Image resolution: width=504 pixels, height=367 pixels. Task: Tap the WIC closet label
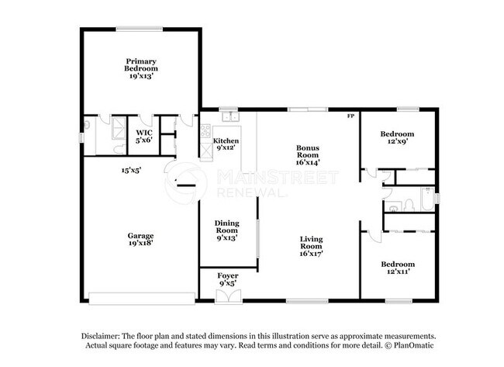(x=143, y=137)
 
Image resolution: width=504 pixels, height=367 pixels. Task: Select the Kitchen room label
(x=226, y=144)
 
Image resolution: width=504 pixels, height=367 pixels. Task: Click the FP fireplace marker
(x=350, y=116)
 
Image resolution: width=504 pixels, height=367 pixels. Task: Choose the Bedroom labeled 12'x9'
(x=398, y=138)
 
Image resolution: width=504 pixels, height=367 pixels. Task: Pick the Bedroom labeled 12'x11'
(x=398, y=268)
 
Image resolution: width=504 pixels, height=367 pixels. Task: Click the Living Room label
(x=311, y=246)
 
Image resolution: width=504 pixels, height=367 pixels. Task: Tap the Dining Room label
(x=226, y=230)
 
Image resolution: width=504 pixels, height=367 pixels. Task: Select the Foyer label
(x=227, y=279)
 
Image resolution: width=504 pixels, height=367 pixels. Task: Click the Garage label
(x=141, y=239)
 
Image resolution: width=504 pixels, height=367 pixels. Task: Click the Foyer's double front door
(x=227, y=295)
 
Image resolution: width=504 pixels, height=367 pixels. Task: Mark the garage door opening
(x=142, y=297)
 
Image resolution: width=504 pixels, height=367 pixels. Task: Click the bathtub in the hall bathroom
(x=427, y=200)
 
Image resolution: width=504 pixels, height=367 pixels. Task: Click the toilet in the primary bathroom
(x=88, y=123)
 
